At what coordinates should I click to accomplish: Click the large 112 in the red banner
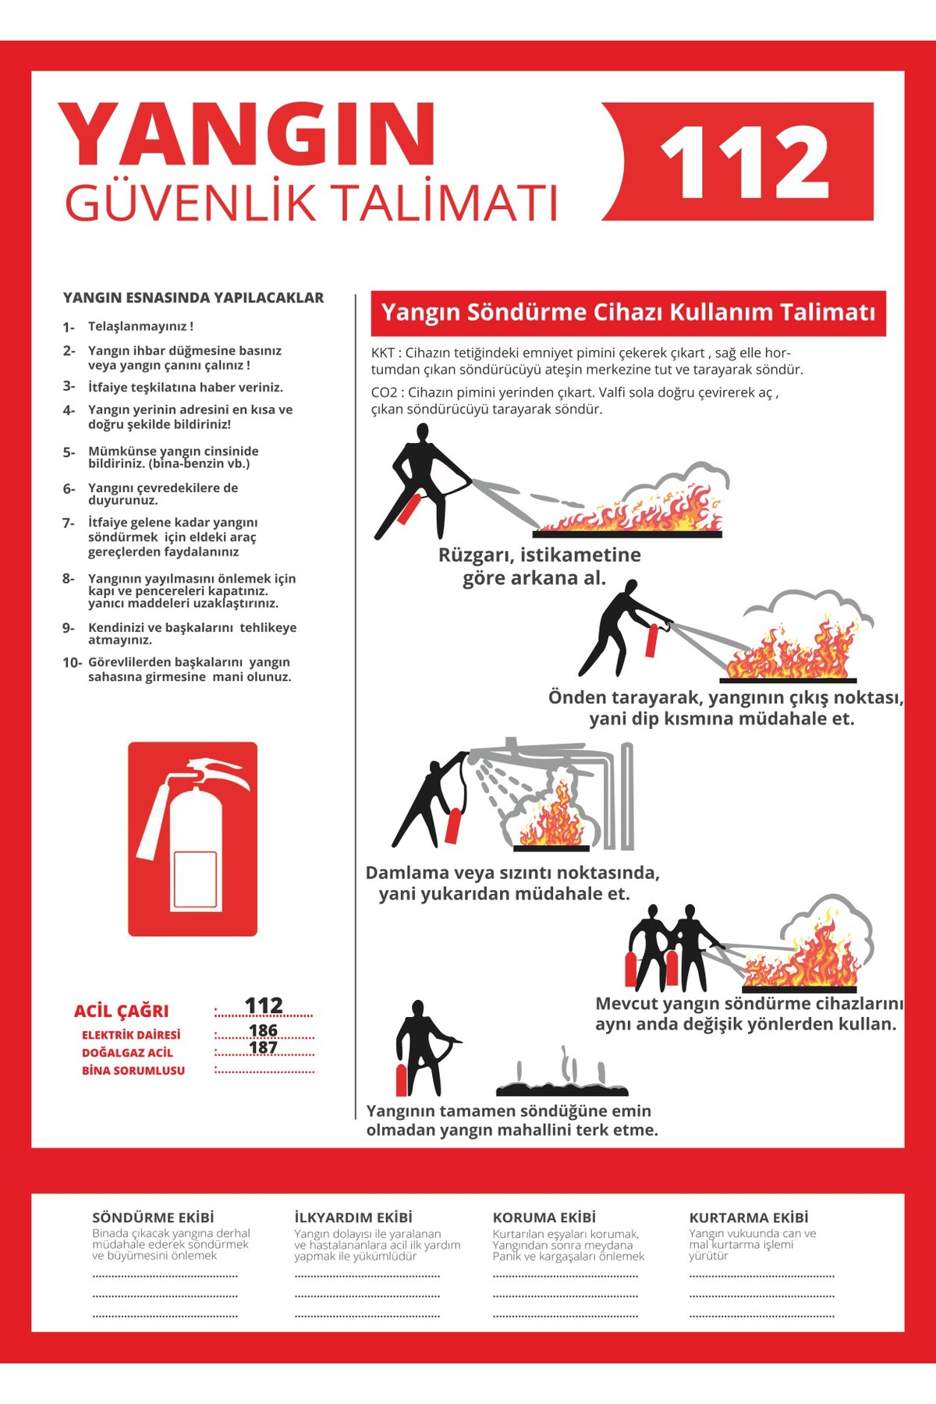coord(744,162)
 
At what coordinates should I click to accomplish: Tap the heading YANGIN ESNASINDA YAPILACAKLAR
coord(193,298)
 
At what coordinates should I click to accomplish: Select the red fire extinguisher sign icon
coord(193,838)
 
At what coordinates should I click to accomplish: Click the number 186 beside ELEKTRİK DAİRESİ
coord(263,1030)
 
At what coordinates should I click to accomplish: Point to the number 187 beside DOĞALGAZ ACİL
coord(263,1048)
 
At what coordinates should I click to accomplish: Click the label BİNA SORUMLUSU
coord(133,1071)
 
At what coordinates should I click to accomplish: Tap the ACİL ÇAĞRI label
coord(121,1012)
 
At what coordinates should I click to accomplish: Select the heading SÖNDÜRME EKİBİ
coord(153,1218)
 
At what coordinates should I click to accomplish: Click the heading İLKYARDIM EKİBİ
coord(353,1218)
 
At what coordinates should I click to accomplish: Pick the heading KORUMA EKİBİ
coord(544,1218)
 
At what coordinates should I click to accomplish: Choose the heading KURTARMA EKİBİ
coord(749,1218)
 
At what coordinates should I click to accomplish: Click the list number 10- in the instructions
coord(72,663)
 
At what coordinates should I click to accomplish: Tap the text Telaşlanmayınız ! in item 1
coord(140,327)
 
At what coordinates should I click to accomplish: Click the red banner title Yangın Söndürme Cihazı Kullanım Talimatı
coord(628,313)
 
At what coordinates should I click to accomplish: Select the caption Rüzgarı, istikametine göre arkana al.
coord(538,566)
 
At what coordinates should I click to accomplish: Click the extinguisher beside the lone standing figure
coord(402,1080)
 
